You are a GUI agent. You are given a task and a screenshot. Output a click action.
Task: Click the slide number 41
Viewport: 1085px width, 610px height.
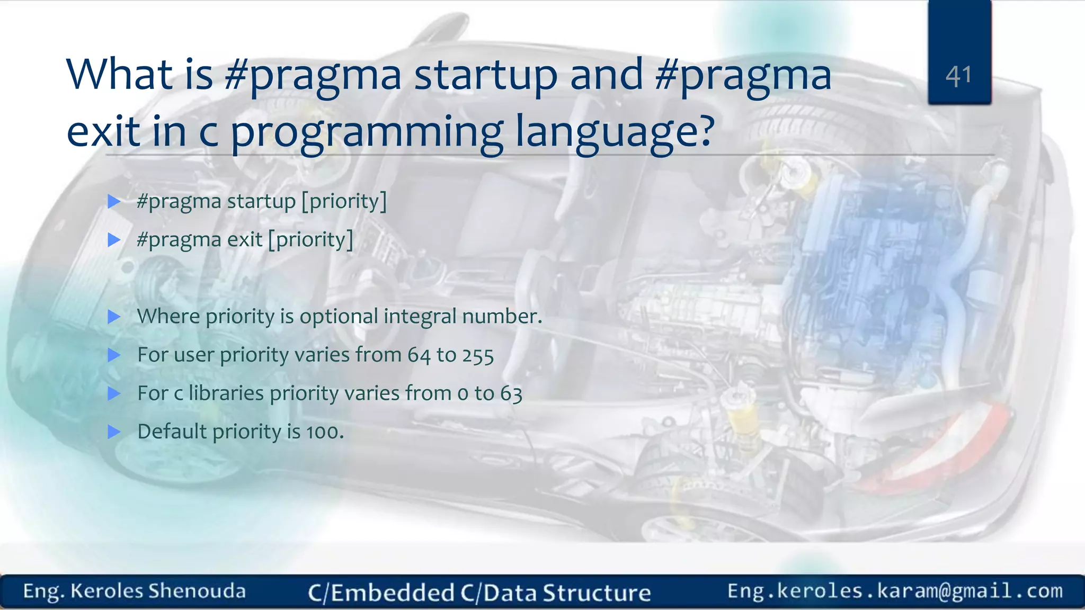[958, 76]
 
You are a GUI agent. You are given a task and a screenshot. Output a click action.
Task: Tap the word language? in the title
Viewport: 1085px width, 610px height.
[615, 132]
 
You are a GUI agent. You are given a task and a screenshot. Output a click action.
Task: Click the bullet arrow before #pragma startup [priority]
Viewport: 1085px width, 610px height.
[114, 201]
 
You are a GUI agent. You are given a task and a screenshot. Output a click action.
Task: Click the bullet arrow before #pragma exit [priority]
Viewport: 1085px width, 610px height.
[114, 240]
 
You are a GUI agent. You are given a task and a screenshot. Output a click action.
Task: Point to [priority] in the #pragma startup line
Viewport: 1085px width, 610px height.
[344, 201]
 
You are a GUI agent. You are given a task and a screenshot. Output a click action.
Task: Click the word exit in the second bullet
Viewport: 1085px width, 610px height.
[244, 240]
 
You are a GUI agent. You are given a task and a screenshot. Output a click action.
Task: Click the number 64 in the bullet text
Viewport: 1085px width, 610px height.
[419, 355]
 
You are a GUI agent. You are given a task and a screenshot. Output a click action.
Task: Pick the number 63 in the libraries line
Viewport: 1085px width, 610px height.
[511, 394]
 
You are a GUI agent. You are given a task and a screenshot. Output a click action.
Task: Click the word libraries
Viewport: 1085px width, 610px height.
[226, 393]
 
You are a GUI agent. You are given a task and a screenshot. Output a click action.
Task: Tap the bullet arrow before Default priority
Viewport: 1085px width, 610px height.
[114, 432]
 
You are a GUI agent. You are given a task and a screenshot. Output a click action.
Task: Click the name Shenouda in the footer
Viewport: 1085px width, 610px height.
[197, 591]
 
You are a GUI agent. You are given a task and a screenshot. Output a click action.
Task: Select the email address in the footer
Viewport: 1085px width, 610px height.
[894, 591]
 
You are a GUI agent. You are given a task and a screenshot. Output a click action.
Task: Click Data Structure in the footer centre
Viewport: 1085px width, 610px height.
[567, 593]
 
